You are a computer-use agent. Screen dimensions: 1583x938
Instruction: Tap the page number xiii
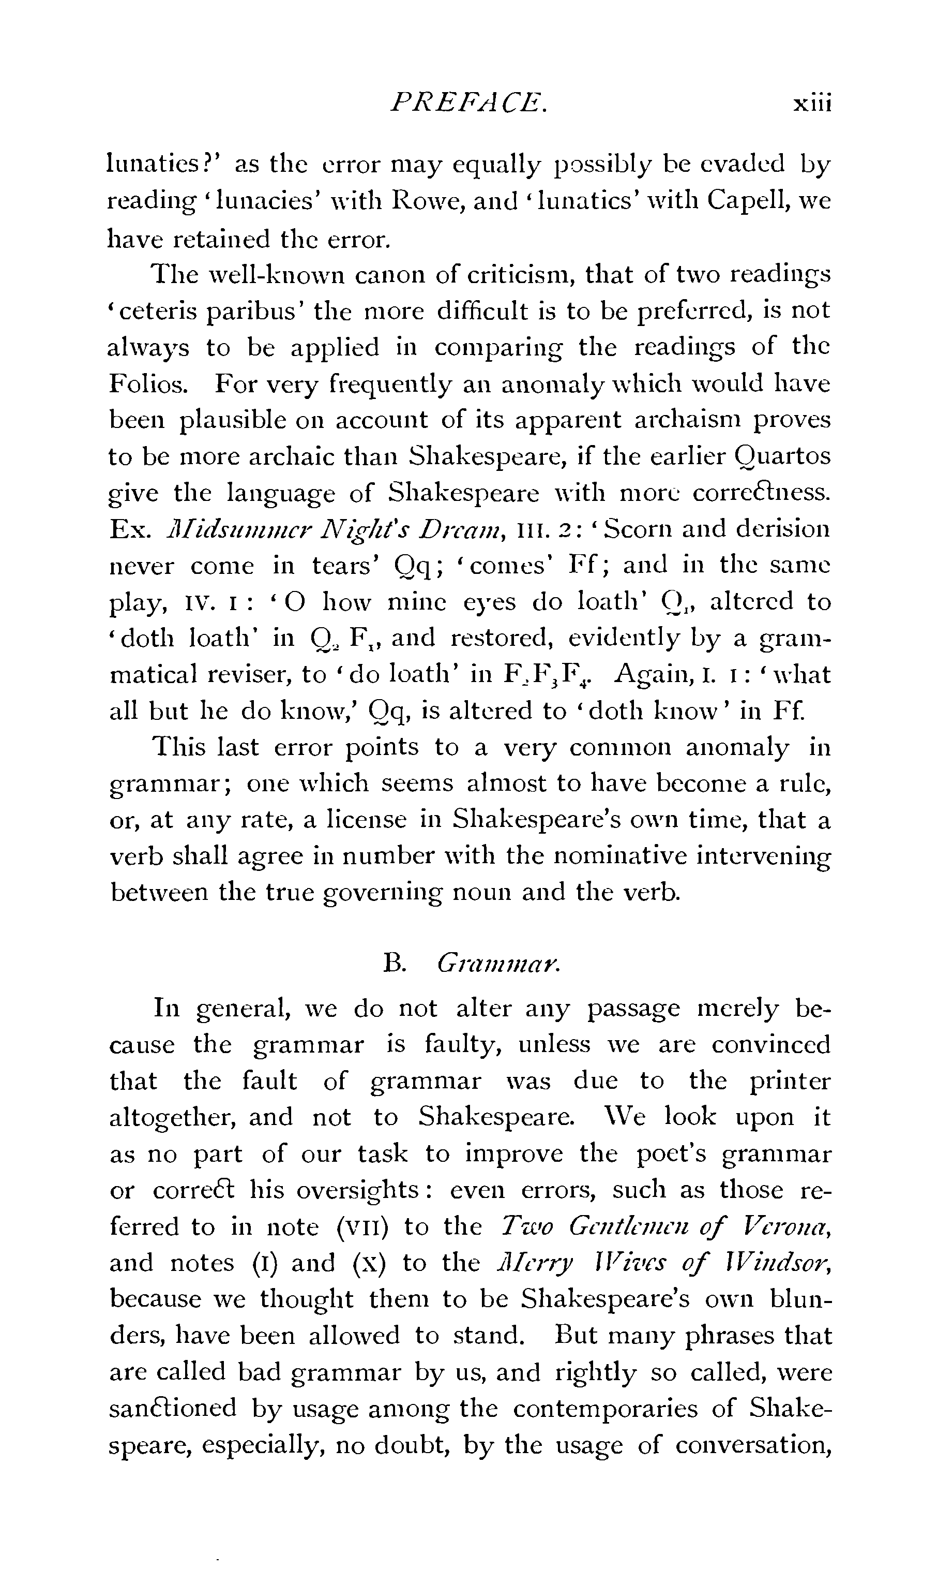click(812, 103)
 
